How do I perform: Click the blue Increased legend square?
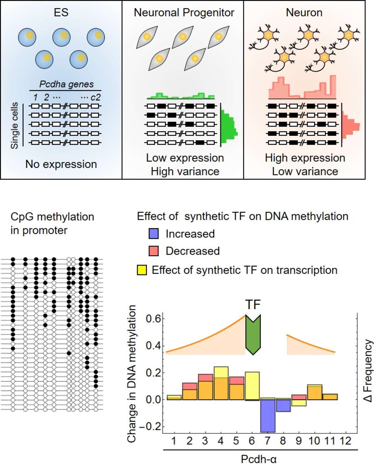click(x=154, y=234)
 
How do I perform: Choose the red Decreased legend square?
click(x=154, y=251)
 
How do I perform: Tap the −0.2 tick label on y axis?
click(x=150, y=427)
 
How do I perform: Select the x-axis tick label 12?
click(x=345, y=441)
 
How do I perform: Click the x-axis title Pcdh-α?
click(x=259, y=459)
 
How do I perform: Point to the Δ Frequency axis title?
click(x=368, y=371)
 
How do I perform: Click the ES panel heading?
click(x=61, y=12)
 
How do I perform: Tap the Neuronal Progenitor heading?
click(x=184, y=12)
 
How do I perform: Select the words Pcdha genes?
click(x=66, y=84)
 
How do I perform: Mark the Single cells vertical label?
click(x=15, y=126)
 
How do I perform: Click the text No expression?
click(x=61, y=164)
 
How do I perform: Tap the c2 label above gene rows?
click(x=95, y=97)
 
